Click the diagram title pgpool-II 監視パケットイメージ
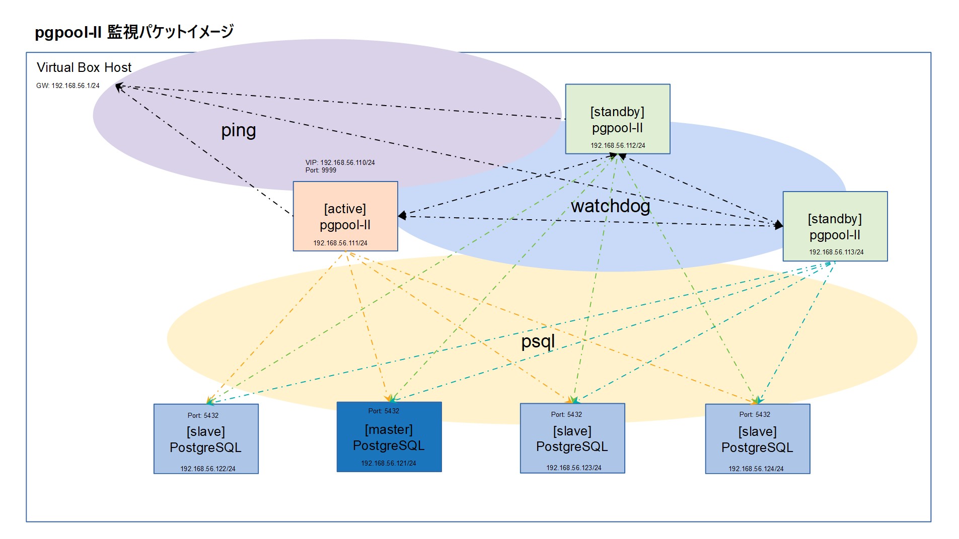[x=134, y=32]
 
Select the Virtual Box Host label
[x=84, y=67]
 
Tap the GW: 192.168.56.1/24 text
[x=68, y=85]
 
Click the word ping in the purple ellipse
[x=239, y=130]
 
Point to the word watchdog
[x=610, y=206]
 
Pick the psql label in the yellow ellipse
[x=538, y=341]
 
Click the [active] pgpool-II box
[x=345, y=217]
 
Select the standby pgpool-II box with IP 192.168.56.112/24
[x=617, y=119]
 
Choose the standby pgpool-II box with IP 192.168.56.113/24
[x=835, y=227]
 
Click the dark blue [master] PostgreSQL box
[x=389, y=437]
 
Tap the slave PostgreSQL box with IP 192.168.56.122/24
[x=206, y=439]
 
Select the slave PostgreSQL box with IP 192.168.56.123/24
[x=572, y=438]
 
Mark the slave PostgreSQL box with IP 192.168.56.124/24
[x=757, y=439]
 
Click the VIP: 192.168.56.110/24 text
[x=340, y=162]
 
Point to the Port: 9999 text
[x=321, y=170]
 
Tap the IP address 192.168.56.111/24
[x=340, y=243]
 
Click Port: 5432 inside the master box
[x=384, y=411]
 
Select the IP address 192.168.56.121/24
[x=389, y=463]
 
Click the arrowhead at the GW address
[x=119, y=87]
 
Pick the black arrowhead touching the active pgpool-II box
[x=402, y=216]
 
